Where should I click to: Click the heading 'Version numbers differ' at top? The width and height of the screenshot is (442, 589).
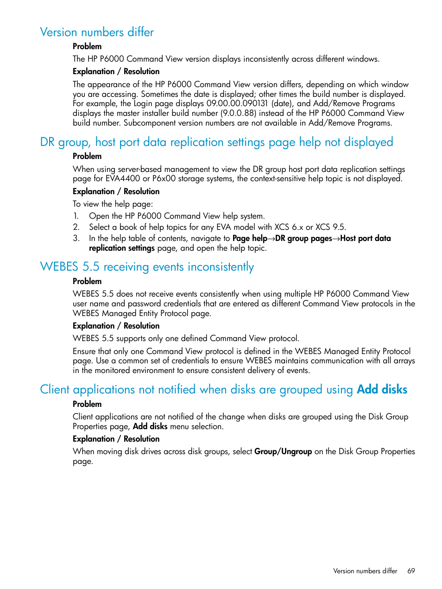pos(97,32)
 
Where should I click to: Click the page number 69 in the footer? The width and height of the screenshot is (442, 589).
pos(411,571)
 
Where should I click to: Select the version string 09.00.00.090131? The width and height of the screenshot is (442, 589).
pos(237,103)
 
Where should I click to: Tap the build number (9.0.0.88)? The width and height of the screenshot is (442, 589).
pos(238,113)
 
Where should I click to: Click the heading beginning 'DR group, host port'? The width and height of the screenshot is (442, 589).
pos(216,142)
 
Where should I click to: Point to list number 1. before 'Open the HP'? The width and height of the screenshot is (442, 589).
pos(76,216)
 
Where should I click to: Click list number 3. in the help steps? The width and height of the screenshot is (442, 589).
pos(76,238)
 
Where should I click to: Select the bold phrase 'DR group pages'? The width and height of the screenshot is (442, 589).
pos(303,238)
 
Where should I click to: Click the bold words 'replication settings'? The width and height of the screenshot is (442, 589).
pos(122,248)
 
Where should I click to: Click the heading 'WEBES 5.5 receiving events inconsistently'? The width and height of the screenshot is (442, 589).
pos(147,267)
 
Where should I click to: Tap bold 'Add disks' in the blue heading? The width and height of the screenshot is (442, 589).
pos(382,389)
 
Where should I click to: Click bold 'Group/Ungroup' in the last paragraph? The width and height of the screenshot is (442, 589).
pos(283,451)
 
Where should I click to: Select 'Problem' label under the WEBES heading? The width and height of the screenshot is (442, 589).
pos(87,281)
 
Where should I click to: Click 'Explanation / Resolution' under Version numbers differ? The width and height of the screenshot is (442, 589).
pos(116,71)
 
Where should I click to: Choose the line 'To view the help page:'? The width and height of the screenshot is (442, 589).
pos(113,204)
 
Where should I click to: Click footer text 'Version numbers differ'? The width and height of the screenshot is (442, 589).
pos(365,571)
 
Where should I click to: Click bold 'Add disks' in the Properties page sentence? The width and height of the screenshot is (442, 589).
pos(150,426)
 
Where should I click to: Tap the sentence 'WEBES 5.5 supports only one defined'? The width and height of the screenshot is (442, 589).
pos(186,338)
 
